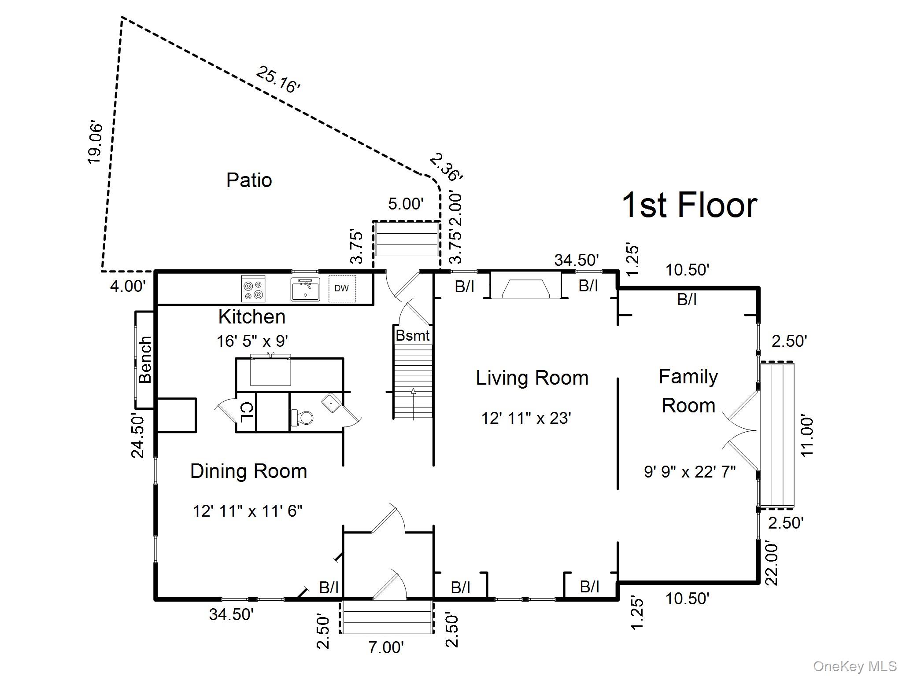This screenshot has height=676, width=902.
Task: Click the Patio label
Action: [249, 180]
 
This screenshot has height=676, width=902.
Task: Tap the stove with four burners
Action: [253, 289]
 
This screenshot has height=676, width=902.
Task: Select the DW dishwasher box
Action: [342, 288]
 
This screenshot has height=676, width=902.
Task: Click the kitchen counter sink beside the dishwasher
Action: [305, 289]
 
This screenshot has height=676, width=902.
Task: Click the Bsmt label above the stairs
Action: [412, 335]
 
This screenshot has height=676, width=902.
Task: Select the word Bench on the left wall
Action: [145, 360]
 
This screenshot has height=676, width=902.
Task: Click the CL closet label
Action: [246, 412]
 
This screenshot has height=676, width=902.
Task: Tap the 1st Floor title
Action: [689, 205]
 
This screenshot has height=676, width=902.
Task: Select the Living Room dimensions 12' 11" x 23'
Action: [526, 418]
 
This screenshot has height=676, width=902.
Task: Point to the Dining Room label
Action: [248, 471]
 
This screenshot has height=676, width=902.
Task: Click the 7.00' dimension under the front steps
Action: [386, 647]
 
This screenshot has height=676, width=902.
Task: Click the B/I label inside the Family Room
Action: [687, 300]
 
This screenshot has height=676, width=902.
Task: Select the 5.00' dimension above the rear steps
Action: [406, 204]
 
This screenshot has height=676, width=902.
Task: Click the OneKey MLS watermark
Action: [855, 666]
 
